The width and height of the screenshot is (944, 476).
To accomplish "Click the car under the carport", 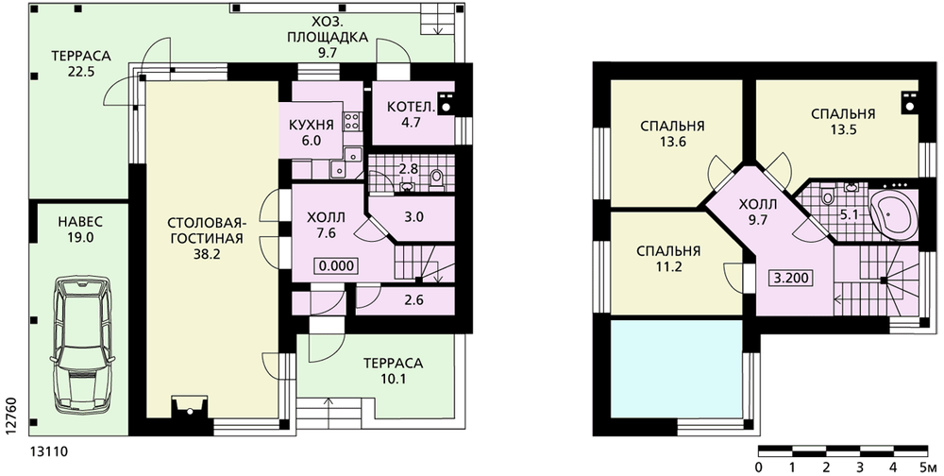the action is [x=82, y=346].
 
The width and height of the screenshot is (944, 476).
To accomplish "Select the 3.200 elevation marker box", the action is [x=790, y=279].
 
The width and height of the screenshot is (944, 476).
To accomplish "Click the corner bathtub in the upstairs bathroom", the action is [x=893, y=213].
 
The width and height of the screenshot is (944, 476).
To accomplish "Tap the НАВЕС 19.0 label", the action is [x=80, y=229].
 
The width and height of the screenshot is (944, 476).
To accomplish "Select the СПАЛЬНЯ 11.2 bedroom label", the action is [x=669, y=259].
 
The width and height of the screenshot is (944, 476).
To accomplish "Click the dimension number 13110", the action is [x=48, y=451].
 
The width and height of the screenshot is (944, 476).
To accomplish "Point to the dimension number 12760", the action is [x=9, y=414].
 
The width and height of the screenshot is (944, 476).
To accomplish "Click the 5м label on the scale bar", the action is [x=928, y=467].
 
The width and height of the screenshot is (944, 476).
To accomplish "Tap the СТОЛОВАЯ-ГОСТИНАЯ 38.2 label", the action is [x=205, y=238].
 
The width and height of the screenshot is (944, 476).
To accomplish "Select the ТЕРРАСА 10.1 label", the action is [x=393, y=371].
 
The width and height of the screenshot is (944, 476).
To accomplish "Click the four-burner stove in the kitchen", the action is [x=351, y=122].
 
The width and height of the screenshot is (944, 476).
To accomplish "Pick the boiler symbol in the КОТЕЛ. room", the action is [x=447, y=103].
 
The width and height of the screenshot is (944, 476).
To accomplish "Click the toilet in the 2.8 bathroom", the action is [x=436, y=178].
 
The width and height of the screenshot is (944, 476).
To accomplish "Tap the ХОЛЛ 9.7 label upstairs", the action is [x=757, y=212].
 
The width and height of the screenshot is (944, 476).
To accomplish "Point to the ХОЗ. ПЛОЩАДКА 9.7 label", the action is [x=328, y=36].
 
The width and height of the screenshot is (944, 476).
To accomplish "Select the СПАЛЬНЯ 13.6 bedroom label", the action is [x=672, y=134].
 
